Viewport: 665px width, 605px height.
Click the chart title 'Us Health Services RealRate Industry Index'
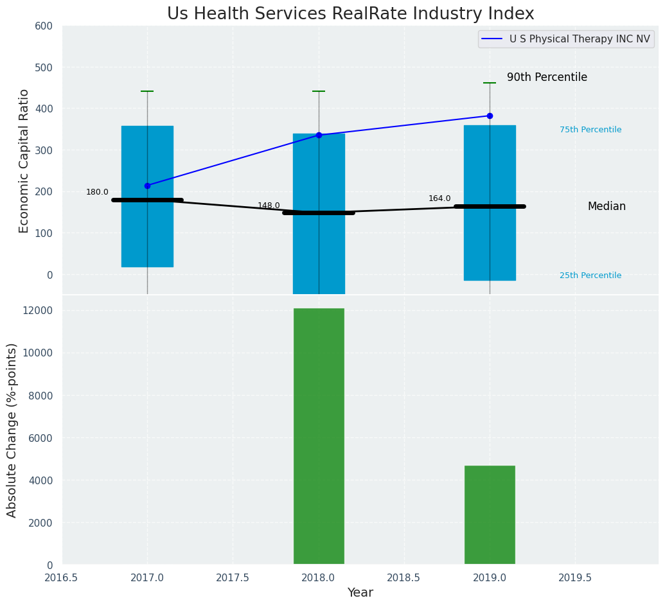coord(350,14)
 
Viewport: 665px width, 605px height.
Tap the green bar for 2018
coord(319,436)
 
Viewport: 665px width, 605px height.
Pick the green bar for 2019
coord(490,514)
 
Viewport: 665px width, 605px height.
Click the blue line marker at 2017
coord(147,186)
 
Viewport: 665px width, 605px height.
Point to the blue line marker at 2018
coord(319,135)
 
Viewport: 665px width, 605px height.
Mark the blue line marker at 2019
coord(490,116)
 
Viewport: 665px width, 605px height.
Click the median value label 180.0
coord(97,192)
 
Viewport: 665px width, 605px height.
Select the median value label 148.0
coord(269,206)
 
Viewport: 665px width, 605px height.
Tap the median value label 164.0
coord(439,198)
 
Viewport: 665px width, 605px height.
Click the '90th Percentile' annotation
coord(547,77)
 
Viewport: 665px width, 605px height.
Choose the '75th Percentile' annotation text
coord(590,130)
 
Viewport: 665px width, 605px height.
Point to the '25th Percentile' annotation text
coord(590,276)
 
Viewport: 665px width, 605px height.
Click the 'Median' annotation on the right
coord(606,206)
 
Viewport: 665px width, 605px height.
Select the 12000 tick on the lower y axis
coord(37,311)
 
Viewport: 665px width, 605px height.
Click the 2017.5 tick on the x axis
coord(233,577)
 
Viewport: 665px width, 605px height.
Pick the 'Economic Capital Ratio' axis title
coord(24,161)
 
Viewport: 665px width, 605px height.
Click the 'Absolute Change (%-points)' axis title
coord(12,430)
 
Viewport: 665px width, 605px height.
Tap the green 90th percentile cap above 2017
coord(147,91)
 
